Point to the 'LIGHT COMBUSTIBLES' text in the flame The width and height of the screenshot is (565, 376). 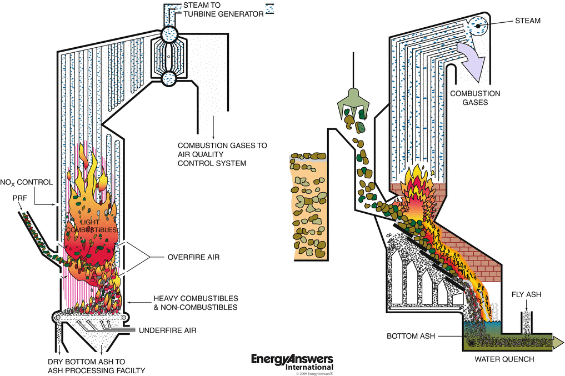click(x=91, y=225)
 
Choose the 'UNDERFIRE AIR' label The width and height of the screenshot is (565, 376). click(x=168, y=330)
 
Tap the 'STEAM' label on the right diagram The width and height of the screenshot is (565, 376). click(x=528, y=21)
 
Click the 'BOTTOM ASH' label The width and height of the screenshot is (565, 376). click(x=410, y=337)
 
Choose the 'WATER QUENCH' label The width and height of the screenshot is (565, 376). click(x=504, y=359)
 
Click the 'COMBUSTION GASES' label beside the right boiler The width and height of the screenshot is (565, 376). click(x=475, y=98)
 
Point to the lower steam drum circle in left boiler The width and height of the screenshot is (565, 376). click(x=172, y=77)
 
